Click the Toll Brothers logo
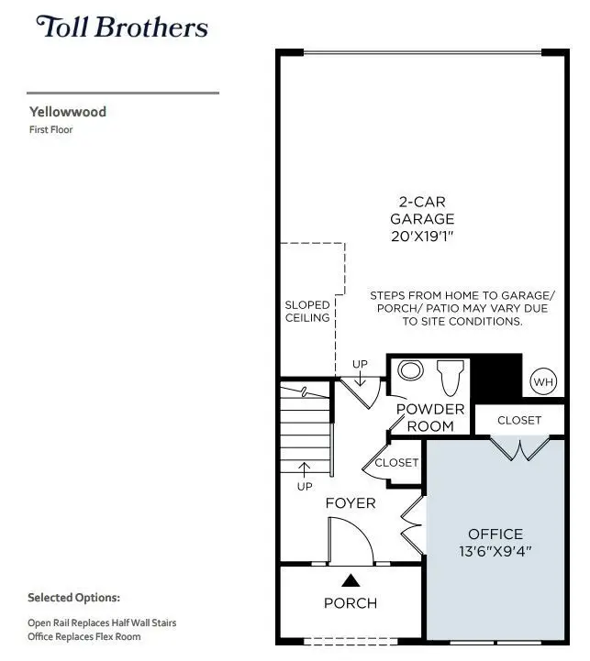(122, 27)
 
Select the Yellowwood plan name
(67, 112)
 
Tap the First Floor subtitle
(50, 130)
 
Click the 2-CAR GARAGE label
(422, 210)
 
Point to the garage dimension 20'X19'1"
(422, 237)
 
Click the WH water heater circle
(543, 380)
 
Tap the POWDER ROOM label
(430, 417)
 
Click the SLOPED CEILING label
(306, 312)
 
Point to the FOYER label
(351, 503)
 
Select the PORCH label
(351, 603)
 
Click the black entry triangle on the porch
(351, 579)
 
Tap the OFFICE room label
(495, 534)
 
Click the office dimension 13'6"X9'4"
(495, 552)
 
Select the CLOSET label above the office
(519, 421)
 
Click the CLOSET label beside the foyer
(396, 463)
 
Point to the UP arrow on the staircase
(305, 471)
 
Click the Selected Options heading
(73, 598)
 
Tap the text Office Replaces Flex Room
(84, 636)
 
